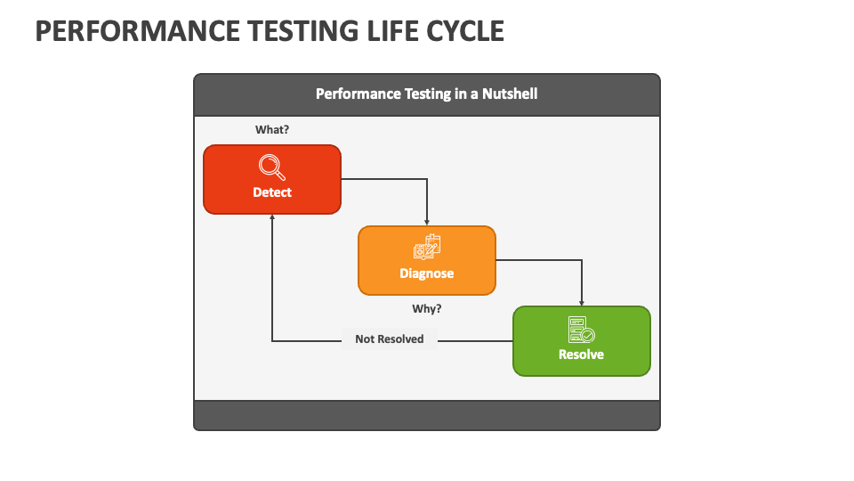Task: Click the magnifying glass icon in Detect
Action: tap(272, 167)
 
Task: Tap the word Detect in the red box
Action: tap(272, 192)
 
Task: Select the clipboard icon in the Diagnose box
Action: tap(427, 247)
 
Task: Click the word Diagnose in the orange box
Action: tap(427, 273)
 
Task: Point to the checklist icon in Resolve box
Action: tap(581, 330)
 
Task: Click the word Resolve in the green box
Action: tap(581, 355)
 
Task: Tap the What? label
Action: tap(272, 130)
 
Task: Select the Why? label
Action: tap(427, 309)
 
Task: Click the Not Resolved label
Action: tap(390, 339)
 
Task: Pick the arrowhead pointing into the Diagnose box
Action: tap(427, 223)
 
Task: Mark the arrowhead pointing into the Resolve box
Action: tap(582, 303)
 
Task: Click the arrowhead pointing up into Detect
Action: tap(272, 217)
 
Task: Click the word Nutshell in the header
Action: tap(510, 94)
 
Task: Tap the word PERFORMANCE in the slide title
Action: tap(138, 31)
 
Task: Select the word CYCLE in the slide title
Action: tap(465, 31)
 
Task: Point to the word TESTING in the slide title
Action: tap(304, 31)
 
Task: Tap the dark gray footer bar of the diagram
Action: tap(427, 416)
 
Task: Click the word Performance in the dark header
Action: tap(358, 94)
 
